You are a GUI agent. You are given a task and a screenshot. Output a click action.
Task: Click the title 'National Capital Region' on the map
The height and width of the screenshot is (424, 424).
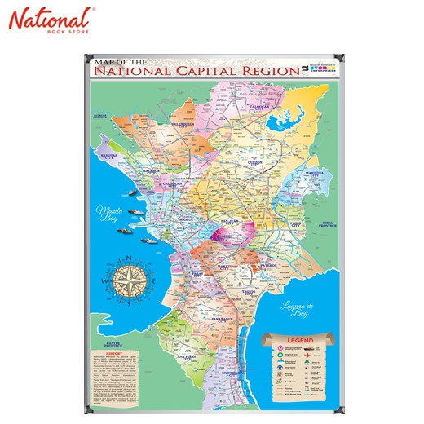(x=197, y=71)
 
